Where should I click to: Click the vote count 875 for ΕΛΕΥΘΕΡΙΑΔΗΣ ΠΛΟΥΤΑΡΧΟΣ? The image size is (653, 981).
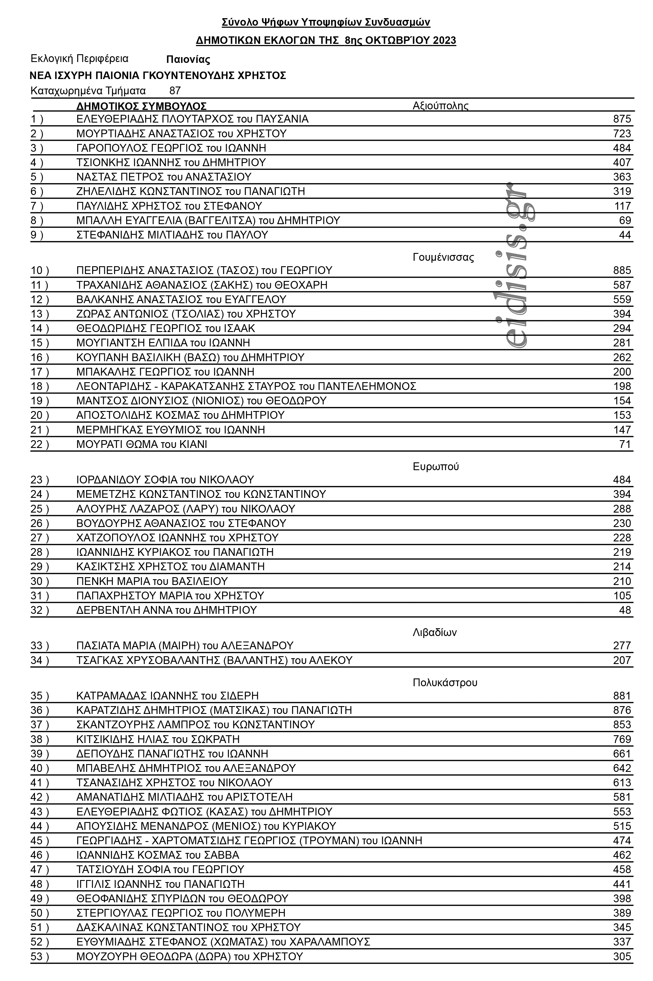click(622, 119)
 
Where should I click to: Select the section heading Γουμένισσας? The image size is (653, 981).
click(443, 257)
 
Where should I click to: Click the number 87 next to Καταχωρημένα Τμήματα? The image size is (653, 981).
click(175, 91)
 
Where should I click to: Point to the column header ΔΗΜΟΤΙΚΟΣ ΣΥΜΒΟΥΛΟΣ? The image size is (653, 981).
click(141, 106)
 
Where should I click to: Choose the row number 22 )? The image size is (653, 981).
click(39, 444)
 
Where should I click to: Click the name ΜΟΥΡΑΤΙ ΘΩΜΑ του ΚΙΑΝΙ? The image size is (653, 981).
click(142, 444)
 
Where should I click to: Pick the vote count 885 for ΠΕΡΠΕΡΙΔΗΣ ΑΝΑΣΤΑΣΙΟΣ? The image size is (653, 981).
click(622, 271)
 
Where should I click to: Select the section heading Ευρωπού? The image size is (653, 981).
click(436, 466)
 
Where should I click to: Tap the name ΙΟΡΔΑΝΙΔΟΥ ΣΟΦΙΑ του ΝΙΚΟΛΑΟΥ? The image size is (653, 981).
click(165, 480)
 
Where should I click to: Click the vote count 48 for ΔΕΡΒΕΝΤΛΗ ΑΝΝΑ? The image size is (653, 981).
click(625, 610)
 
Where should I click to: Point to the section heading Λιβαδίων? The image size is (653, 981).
click(434, 633)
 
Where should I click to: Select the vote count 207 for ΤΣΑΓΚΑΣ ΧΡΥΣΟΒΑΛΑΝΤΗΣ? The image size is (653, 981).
click(622, 660)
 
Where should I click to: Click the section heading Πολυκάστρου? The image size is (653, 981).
click(445, 682)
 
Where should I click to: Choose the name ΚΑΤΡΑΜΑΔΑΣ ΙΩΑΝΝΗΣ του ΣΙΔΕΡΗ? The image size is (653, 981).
click(167, 696)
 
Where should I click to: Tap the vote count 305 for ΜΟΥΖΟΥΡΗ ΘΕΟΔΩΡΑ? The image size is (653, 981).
click(622, 956)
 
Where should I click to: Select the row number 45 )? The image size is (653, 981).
click(39, 841)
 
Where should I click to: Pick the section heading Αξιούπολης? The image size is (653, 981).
click(440, 106)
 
